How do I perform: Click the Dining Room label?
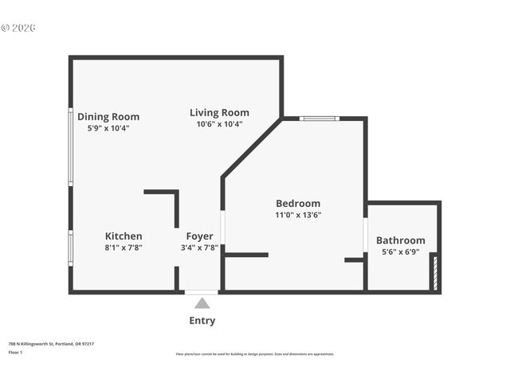(108, 117)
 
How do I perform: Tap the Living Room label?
(219, 113)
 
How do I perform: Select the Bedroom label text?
(298, 204)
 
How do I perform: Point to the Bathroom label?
(401, 241)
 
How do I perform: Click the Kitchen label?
(124, 236)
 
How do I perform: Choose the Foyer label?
(199, 236)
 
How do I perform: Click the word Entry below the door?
(202, 321)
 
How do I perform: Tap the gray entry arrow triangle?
(202, 303)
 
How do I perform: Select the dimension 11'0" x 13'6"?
(298, 215)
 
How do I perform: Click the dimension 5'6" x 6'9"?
(401, 252)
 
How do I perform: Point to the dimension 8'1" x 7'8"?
(124, 248)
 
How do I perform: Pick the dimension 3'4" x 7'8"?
(199, 248)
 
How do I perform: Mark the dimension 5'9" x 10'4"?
(108, 128)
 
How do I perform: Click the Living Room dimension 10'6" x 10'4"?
(219, 124)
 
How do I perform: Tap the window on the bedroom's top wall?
(319, 119)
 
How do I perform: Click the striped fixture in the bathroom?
(434, 272)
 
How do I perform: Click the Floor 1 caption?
(15, 352)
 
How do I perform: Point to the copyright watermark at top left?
(18, 28)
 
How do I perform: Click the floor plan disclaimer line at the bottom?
(255, 354)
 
